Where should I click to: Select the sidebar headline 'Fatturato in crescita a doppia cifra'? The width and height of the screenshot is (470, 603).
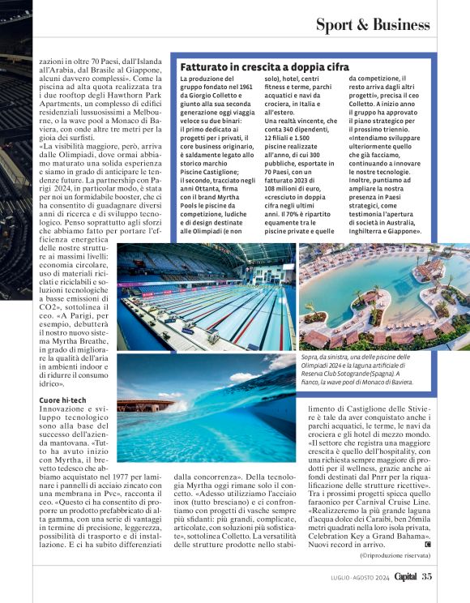point(264,66)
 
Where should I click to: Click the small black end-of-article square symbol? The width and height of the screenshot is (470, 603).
point(427,544)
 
